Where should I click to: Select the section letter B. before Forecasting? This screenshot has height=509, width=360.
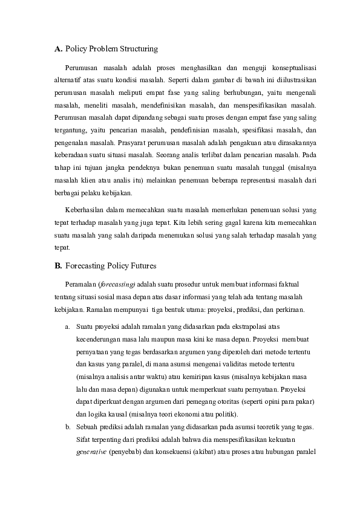(x=58, y=265)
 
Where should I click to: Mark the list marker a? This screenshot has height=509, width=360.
(x=67, y=326)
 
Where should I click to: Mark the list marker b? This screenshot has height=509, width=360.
(x=67, y=427)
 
